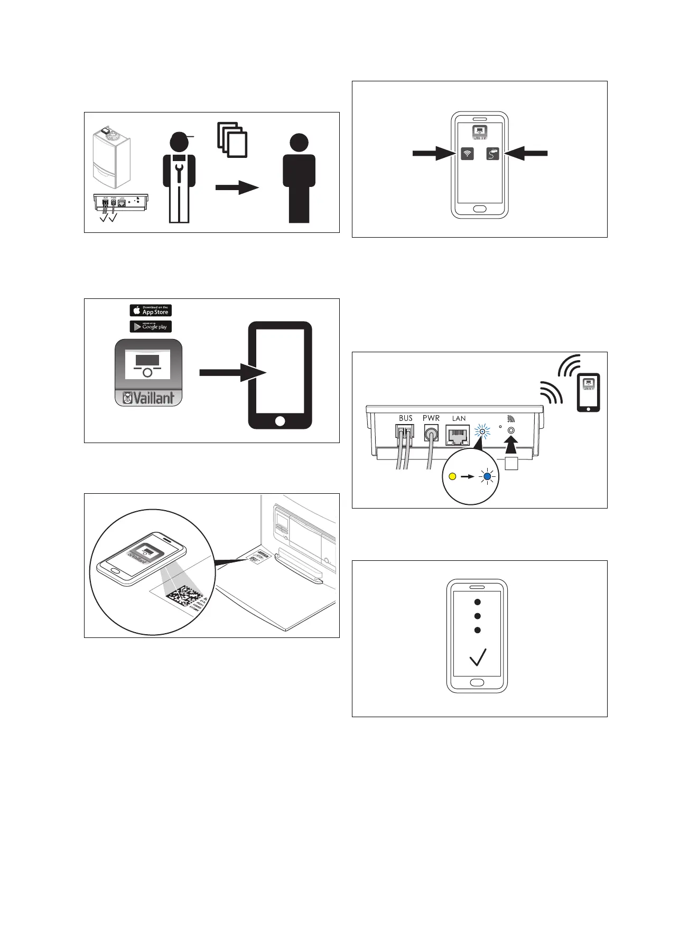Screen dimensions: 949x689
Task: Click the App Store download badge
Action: (x=151, y=311)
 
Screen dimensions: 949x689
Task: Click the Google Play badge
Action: (x=151, y=327)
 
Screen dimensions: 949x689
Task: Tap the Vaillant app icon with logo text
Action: (x=148, y=373)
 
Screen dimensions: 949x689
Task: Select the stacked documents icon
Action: (x=232, y=140)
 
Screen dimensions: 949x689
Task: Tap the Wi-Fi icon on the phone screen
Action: (x=467, y=154)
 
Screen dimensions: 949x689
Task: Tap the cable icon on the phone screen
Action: (x=493, y=154)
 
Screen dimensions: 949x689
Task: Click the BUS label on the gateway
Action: (x=406, y=418)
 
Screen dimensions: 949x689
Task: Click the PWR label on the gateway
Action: (x=431, y=418)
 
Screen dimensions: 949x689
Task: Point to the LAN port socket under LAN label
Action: (x=458, y=436)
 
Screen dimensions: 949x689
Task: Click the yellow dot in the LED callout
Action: (x=452, y=476)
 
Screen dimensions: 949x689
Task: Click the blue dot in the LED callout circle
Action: (x=488, y=476)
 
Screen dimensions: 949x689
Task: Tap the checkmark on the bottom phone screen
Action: (x=478, y=657)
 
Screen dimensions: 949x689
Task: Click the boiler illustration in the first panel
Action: (x=111, y=158)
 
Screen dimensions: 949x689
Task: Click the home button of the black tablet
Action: (x=280, y=421)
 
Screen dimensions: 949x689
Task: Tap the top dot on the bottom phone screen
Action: (x=478, y=602)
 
